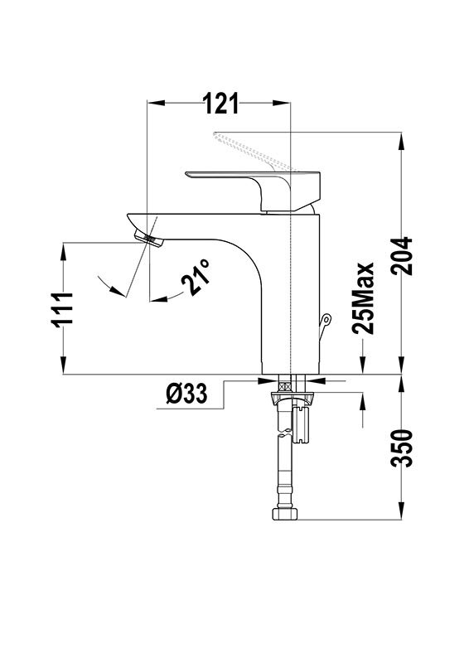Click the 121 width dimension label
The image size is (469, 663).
[220, 104]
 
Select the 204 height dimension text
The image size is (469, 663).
[401, 256]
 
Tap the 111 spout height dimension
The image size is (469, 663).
[62, 308]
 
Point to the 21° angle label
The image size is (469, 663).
[196, 277]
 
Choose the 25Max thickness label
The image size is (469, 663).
[363, 298]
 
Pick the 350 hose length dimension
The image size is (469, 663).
[401, 448]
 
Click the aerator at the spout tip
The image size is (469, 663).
[148, 240]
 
